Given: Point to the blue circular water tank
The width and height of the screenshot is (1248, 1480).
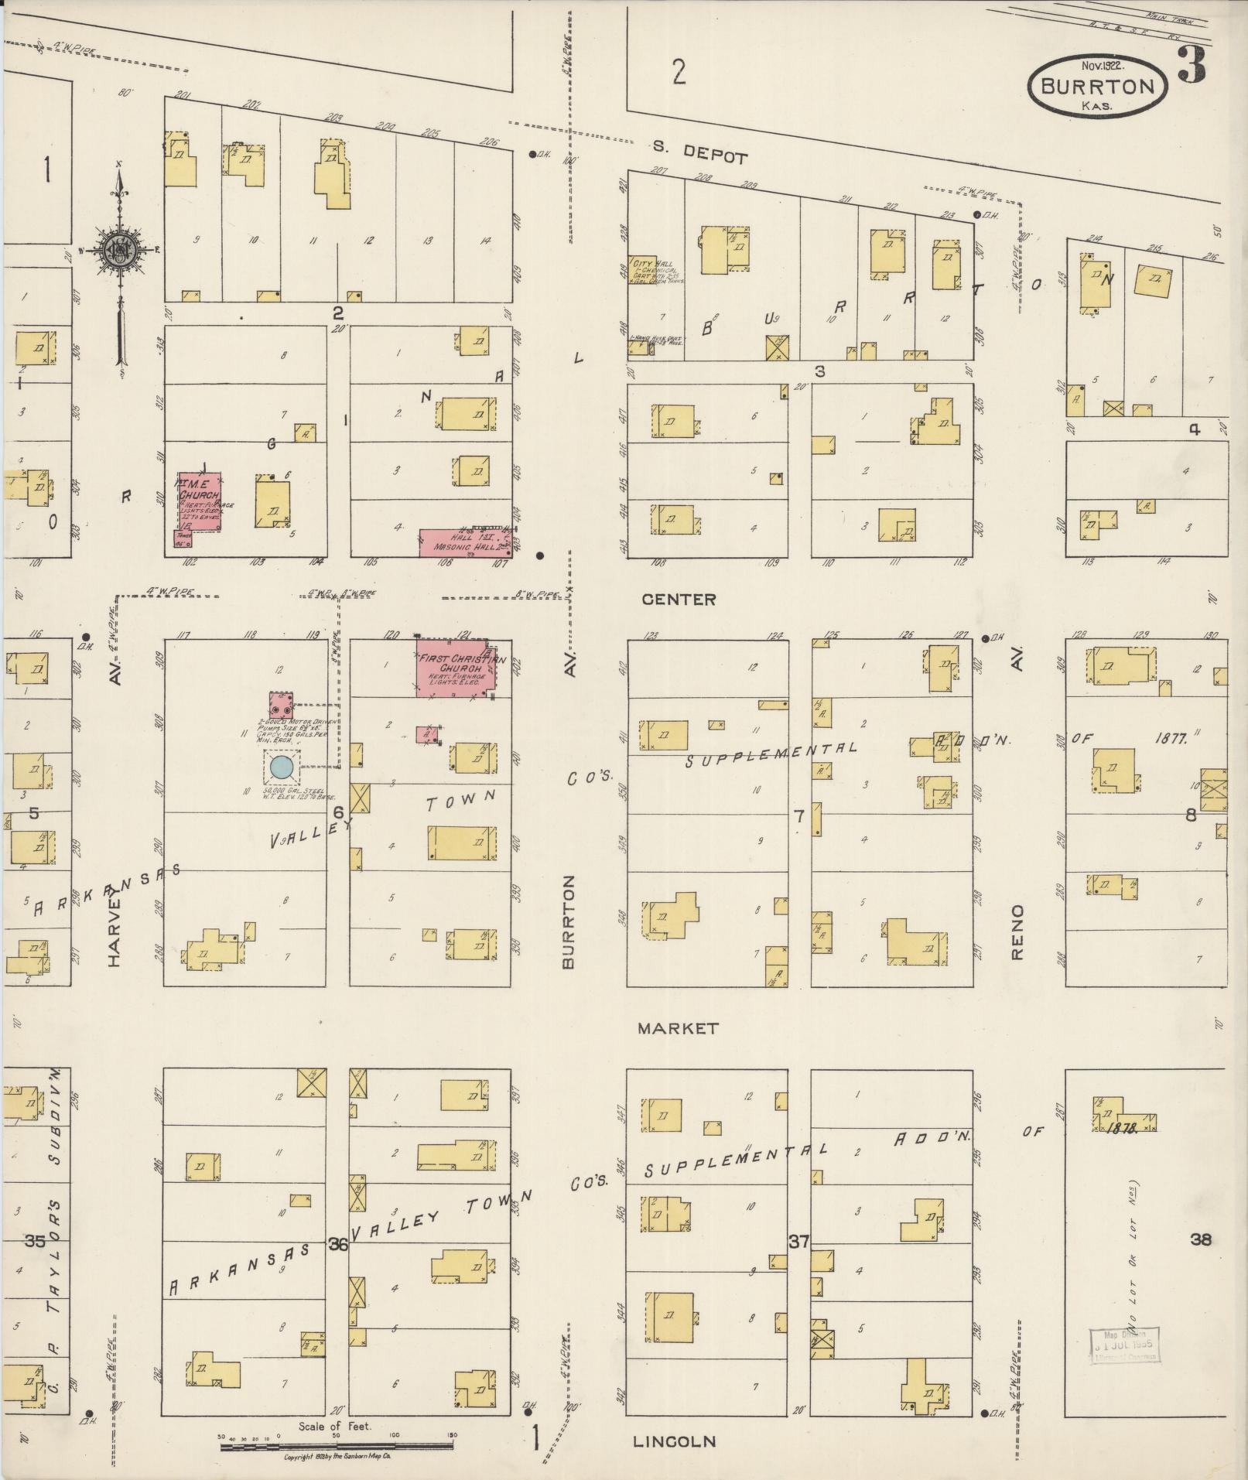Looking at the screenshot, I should [x=282, y=768].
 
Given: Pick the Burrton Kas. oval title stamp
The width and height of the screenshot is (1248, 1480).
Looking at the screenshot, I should [x=1097, y=87].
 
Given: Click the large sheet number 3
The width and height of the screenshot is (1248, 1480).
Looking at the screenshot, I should [x=1192, y=65].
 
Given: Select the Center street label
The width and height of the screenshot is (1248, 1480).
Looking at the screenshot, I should [x=679, y=599].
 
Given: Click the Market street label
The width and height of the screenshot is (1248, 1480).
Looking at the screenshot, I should [x=678, y=1028].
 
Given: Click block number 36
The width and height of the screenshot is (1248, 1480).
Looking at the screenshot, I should [x=337, y=1245].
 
